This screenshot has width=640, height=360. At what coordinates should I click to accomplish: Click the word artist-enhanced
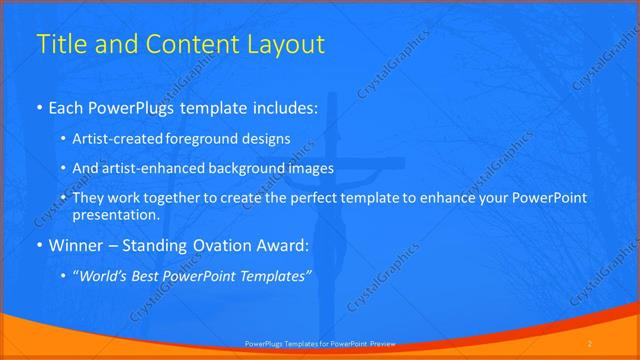pyautogui.click(x=148, y=168)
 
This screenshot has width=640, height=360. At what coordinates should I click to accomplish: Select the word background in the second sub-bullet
pyautogui.click(x=255, y=168)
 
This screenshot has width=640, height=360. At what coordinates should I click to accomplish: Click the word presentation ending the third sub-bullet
pyautogui.click(x=115, y=215)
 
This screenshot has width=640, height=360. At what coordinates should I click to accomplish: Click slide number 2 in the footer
pyautogui.click(x=590, y=343)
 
